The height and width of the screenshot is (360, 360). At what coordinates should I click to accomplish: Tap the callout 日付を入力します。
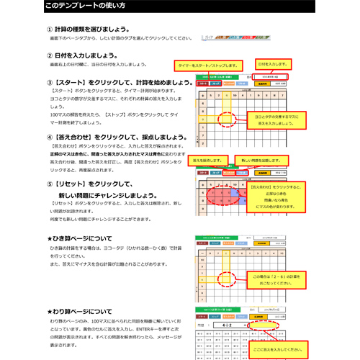[x=273, y=63]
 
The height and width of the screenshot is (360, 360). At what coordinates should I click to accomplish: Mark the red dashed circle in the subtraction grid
[x=225, y=279]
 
